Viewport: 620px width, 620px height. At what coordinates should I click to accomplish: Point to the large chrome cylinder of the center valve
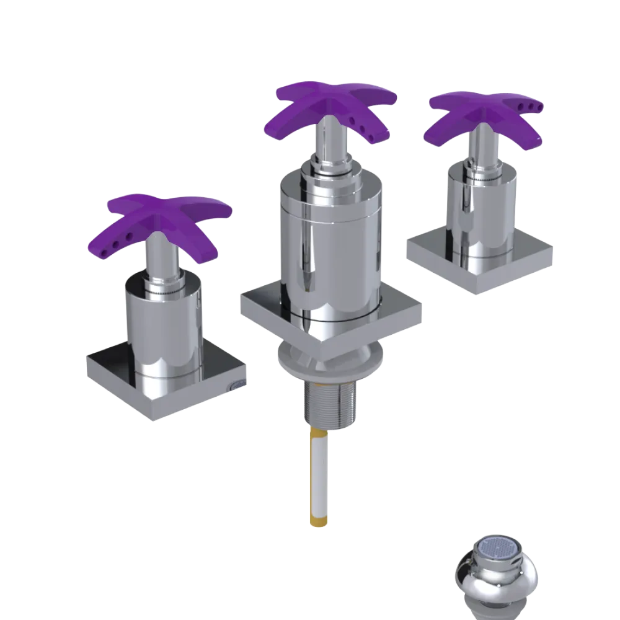(x=329, y=248)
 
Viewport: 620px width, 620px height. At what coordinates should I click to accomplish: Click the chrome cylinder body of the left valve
(x=164, y=329)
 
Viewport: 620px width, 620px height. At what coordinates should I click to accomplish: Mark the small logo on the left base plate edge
(x=239, y=387)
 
